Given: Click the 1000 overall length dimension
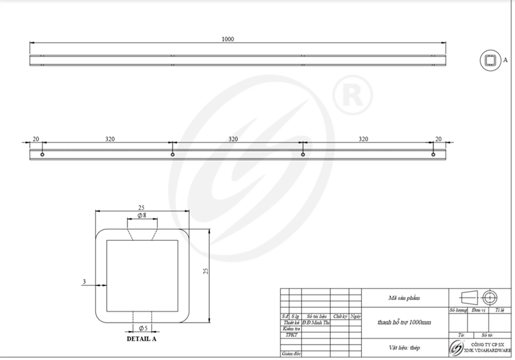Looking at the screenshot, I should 227,39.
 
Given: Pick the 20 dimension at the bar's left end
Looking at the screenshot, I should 35,138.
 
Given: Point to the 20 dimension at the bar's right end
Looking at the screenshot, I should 439,138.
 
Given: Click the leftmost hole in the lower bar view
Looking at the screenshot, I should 42,155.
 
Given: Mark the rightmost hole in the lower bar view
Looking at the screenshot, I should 433,155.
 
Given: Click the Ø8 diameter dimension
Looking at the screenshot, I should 142,216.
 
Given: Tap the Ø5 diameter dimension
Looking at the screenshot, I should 142,328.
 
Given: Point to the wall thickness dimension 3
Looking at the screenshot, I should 84,282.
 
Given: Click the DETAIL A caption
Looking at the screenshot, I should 142,337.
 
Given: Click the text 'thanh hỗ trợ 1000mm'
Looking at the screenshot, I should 404,321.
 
